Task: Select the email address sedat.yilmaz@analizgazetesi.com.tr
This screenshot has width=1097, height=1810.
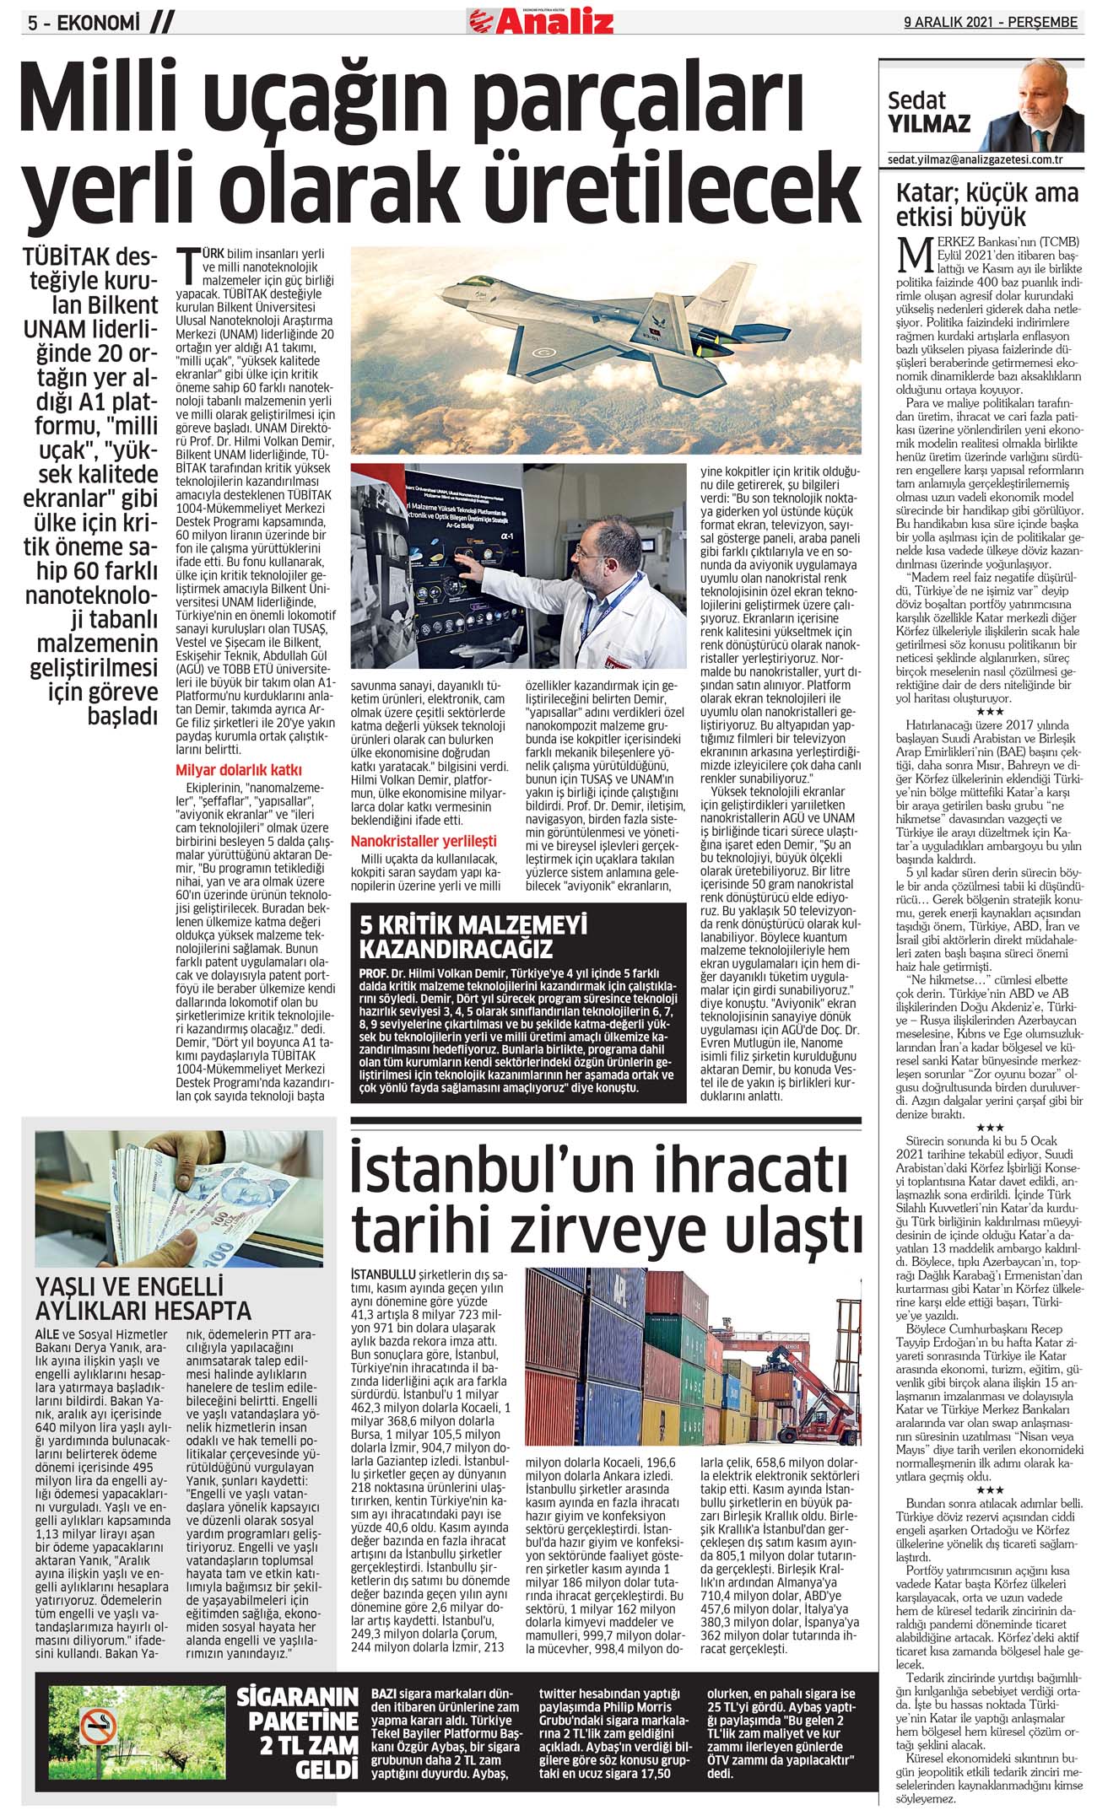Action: (x=975, y=159)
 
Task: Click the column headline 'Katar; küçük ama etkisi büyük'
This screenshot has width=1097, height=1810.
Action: (x=986, y=205)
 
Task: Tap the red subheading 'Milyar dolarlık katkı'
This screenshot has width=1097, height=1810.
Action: (x=239, y=769)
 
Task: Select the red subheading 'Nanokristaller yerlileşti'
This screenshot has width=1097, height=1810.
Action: (x=424, y=841)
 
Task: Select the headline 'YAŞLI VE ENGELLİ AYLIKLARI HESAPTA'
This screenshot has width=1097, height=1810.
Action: (x=143, y=1300)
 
